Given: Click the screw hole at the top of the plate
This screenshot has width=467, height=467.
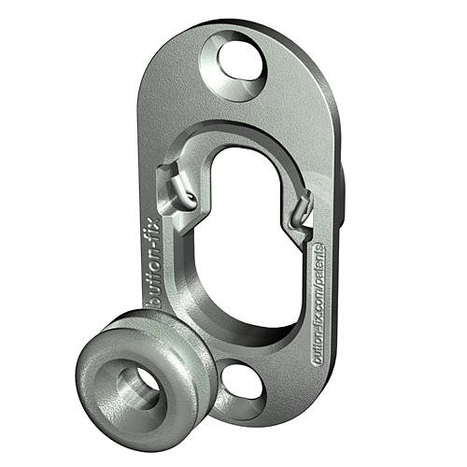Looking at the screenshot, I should click(239, 62).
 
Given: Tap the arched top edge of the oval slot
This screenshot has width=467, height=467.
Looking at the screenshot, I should click(246, 149).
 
